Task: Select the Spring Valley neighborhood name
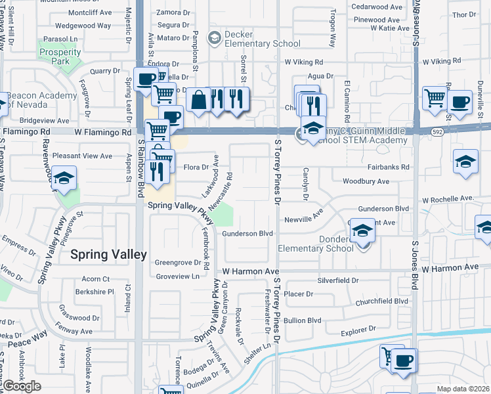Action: (108, 254)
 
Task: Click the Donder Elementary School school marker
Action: (361, 231)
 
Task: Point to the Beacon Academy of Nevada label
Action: (43, 100)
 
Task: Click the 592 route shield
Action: (435, 132)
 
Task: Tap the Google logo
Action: (22, 386)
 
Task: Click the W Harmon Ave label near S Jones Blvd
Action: (450, 268)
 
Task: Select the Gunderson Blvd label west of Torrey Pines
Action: (247, 233)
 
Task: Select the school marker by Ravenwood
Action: (64, 179)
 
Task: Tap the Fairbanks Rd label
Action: (389, 167)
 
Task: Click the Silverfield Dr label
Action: (338, 280)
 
